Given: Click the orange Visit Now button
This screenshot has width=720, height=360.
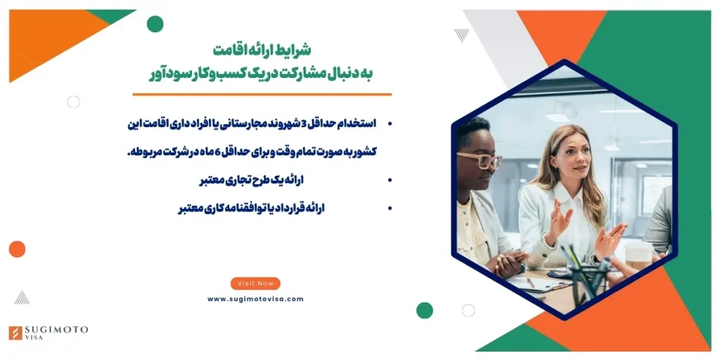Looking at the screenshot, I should (255, 283).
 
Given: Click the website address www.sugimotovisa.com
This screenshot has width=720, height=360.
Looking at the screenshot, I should (255, 299).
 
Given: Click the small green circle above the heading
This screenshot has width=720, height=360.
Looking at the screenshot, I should (155, 24).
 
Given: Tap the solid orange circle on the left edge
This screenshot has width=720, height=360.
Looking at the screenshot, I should (17, 249).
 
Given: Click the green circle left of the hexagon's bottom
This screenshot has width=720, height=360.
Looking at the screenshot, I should (425, 310).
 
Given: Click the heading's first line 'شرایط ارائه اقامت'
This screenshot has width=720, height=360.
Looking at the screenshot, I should (262, 51).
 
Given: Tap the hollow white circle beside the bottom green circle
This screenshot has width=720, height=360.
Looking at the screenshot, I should (468, 310).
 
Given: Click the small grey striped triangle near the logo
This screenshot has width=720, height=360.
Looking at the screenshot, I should (22, 297).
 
